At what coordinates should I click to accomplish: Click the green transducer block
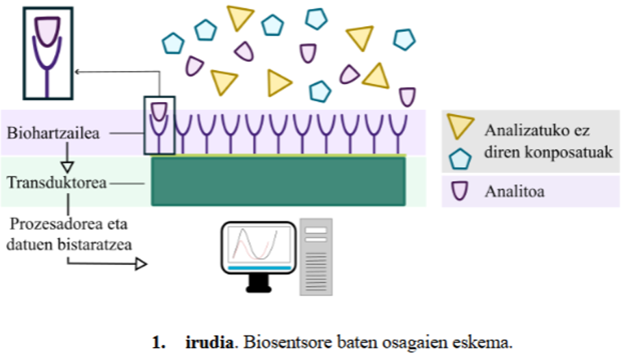[x=278, y=181]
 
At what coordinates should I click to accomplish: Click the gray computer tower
[x=315, y=257]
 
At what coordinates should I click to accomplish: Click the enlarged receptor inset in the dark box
[x=47, y=53]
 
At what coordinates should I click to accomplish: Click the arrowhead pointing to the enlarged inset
[x=77, y=70]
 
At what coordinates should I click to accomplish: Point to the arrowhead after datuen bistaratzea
[x=141, y=263]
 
